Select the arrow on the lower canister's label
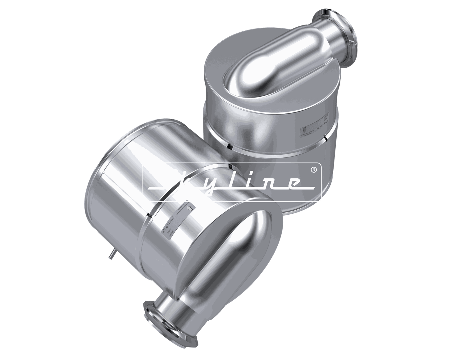click(x=190, y=207)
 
